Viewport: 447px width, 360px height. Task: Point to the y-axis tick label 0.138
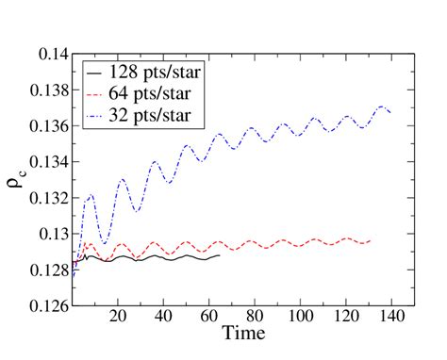pyautogui.click(x=44, y=90)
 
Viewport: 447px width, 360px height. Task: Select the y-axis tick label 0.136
pyautogui.click(x=44, y=126)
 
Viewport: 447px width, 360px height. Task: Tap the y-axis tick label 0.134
pyautogui.click(x=44, y=162)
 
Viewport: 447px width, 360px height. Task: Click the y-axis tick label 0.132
pyautogui.click(x=44, y=198)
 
